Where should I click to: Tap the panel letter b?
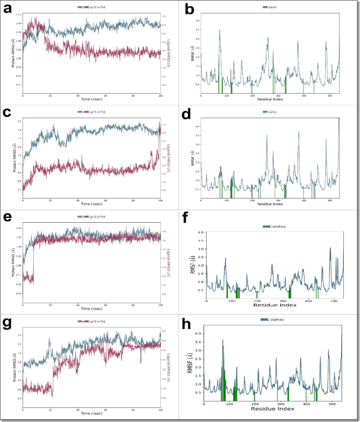(x=190, y=9)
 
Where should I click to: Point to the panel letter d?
(x=190, y=113)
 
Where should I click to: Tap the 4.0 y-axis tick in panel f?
(x=201, y=232)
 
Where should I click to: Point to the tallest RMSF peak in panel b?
(x=220, y=30)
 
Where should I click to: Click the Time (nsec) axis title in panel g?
(x=91, y=413)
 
